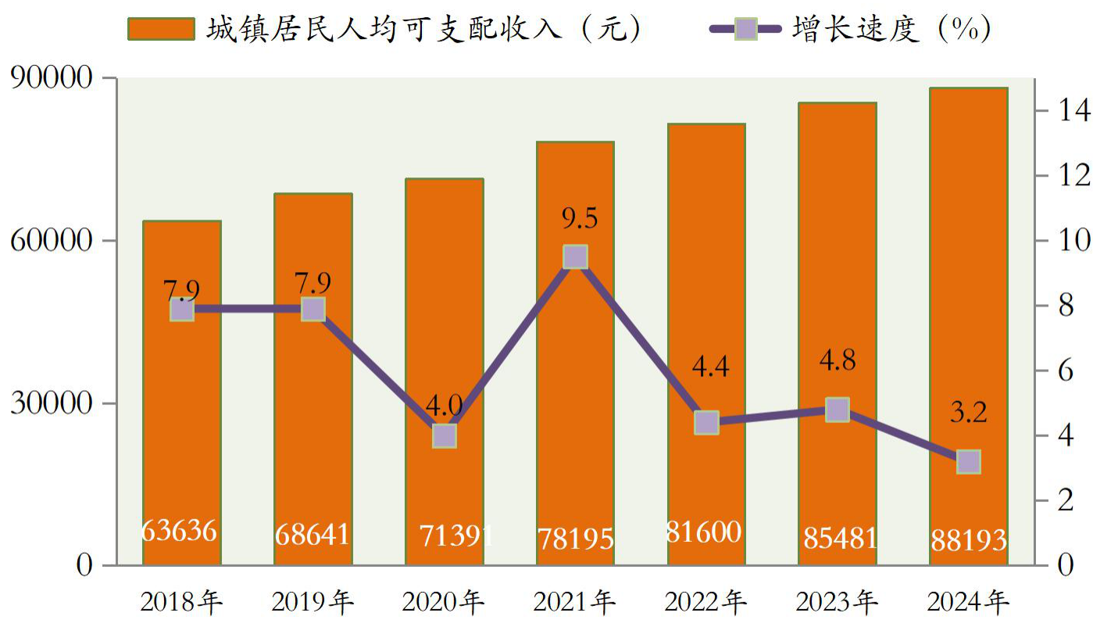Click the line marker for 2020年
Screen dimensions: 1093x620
[x=444, y=436]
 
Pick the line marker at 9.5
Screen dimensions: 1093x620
[x=575, y=256]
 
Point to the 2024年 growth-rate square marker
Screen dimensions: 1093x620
[x=969, y=462]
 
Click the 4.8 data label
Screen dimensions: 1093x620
[x=838, y=360]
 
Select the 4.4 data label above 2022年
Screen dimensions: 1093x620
[x=710, y=367]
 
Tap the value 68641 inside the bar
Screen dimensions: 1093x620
[x=313, y=534]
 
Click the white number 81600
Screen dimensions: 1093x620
[x=704, y=532]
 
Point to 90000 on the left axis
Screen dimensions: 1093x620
[x=52, y=77]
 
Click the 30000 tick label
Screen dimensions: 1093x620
[x=52, y=403]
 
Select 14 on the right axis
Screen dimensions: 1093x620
[x=1073, y=110]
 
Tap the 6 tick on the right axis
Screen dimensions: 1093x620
[x=1066, y=371]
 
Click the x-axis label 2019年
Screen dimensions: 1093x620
[x=313, y=602]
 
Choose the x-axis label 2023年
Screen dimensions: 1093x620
[x=838, y=602]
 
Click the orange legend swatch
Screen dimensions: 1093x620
[x=161, y=29]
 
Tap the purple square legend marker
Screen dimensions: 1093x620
[x=745, y=29]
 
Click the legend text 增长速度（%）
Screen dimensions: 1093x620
[x=891, y=29]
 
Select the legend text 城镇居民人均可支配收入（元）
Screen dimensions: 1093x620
[x=423, y=29]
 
